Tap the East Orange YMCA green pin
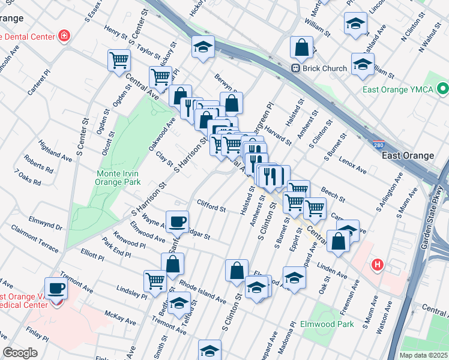coord(443,90)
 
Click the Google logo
coord(20,353)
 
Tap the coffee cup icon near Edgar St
coord(177,221)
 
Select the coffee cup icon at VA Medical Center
coord(56,287)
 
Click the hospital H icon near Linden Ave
coord(377,263)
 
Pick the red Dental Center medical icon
coord(63,37)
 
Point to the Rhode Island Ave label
coord(202,292)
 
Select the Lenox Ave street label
coord(352,166)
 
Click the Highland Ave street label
coord(55,151)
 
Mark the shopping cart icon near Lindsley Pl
coord(155,280)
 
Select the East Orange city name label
coord(408,155)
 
